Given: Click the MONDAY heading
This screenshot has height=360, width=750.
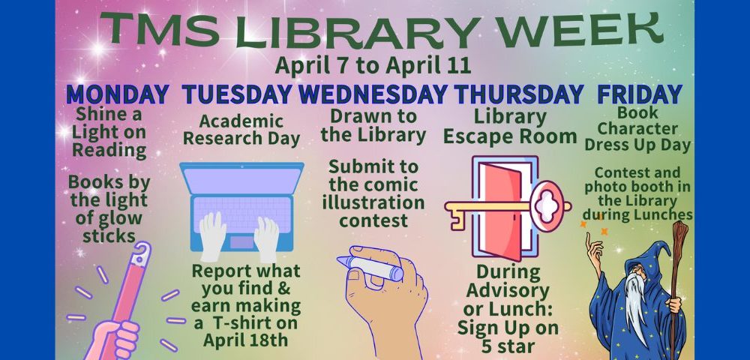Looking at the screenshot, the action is pyautogui.click(x=118, y=94).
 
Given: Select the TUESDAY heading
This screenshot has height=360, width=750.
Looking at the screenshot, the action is pyautogui.click(x=237, y=94).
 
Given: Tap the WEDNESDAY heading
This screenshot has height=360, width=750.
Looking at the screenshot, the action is pyautogui.click(x=373, y=94).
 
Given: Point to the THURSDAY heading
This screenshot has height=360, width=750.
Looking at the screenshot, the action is pyautogui.click(x=519, y=94).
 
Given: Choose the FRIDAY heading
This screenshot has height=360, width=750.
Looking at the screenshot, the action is pyautogui.click(x=640, y=94).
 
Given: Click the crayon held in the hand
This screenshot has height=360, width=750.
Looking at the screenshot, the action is pyautogui.click(x=370, y=268).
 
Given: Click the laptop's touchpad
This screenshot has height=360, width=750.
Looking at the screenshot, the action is pyautogui.click(x=241, y=242).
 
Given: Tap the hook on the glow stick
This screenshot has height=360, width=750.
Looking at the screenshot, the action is pyautogui.click(x=142, y=253).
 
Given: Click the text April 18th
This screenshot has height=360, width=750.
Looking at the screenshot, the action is pyautogui.click(x=245, y=340).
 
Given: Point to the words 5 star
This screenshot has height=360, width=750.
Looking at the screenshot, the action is pyautogui.click(x=508, y=346).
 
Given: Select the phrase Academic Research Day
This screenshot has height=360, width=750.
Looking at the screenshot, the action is pyautogui.click(x=241, y=130).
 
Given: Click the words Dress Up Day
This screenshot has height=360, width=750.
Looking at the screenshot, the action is pyautogui.click(x=637, y=145).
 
